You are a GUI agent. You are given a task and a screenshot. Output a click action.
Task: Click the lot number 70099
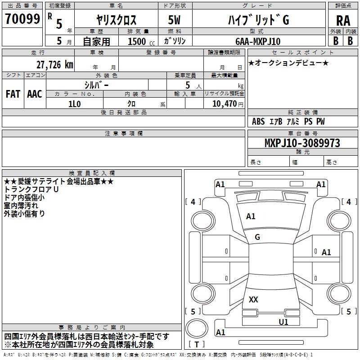tap(22, 18)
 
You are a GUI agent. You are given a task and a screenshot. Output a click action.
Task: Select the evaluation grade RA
tap(343, 21)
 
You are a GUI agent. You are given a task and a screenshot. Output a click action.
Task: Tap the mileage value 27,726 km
tap(54, 65)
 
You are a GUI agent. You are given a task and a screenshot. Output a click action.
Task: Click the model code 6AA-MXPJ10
tap(258, 41)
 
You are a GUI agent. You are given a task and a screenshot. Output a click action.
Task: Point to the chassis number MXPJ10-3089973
tap(302, 143)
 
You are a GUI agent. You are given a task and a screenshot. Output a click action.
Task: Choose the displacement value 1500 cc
tap(141, 41)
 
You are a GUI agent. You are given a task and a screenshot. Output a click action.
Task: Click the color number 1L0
tap(75, 104)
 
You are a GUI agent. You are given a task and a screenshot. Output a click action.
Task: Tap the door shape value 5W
tap(174, 20)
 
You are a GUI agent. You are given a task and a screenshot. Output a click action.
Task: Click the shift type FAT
tap(13, 94)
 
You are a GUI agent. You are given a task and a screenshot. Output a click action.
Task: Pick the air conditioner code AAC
tap(35, 94)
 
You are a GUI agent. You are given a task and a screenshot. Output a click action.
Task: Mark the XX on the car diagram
tap(253, 299)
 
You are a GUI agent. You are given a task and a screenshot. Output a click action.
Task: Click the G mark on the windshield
tap(257, 237)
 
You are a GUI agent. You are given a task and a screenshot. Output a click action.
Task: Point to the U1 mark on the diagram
tap(283, 322)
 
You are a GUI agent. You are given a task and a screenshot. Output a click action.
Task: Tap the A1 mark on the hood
tap(251, 216)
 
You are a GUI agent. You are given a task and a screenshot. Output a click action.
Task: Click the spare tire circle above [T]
tap(197, 328)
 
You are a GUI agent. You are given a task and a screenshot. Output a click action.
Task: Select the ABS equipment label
tap(258, 121)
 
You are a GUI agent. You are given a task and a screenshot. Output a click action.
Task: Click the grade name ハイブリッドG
tap(258, 20)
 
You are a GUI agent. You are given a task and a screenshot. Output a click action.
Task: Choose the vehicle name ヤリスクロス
tap(117, 20)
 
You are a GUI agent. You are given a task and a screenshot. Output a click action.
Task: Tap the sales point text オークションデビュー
tap(288, 63)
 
